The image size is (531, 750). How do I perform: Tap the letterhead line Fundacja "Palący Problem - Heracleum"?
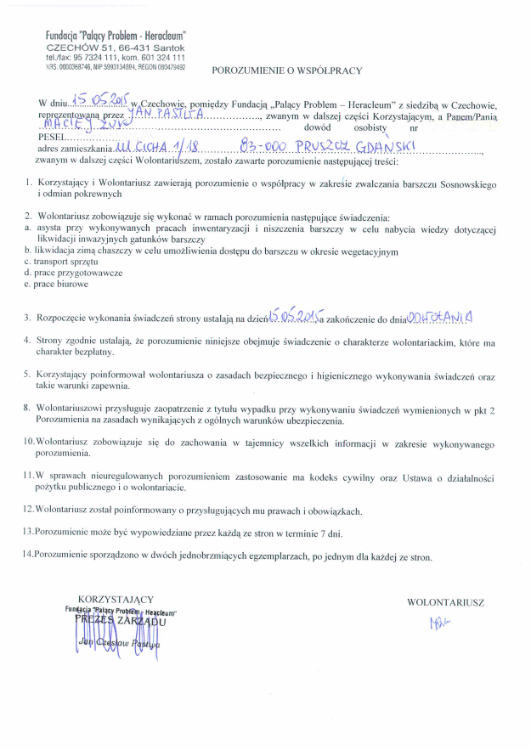pos(116,35)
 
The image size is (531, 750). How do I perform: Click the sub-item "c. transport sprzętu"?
pos(63,262)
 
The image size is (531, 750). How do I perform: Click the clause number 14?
pos(29,557)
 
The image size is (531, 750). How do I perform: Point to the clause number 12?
pos(29,510)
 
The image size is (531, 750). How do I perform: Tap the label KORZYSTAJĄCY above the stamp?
pos(116,600)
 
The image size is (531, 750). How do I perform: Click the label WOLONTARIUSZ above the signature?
pos(445,602)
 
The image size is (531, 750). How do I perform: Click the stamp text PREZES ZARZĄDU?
pos(121,620)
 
